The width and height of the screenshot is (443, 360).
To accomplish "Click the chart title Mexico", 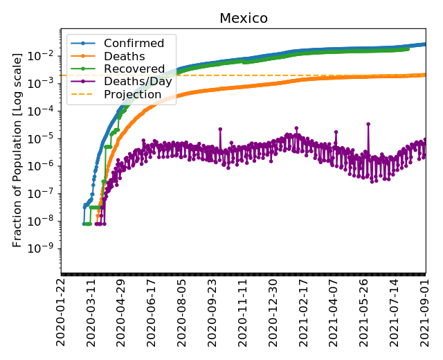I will [x=243, y=18].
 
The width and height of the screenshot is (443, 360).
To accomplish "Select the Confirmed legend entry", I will [x=134, y=44].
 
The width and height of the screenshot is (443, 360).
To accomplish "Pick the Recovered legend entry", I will [x=134, y=69].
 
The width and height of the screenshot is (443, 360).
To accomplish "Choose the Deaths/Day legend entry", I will [x=138, y=82].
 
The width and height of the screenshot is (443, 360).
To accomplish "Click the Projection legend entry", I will [x=132, y=94].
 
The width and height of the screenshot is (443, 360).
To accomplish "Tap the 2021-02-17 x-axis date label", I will [x=304, y=312].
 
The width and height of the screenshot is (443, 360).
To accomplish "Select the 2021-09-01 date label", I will [x=425, y=312].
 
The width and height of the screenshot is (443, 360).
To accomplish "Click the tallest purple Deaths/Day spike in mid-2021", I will [x=368, y=124].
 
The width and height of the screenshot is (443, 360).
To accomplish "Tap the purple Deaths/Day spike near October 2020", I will [x=220, y=129].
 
